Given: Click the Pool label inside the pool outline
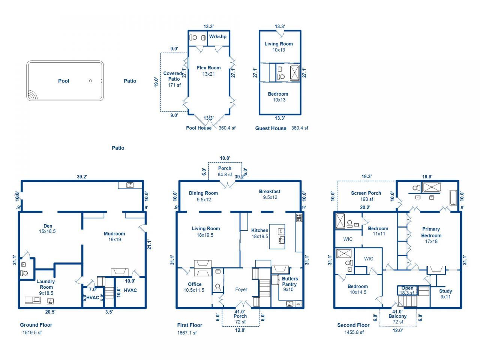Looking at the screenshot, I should coord(63,81).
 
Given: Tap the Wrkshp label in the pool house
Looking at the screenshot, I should coord(217,37).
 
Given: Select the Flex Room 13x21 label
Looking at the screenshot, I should coord(208,71).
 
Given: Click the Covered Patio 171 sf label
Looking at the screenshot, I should coord(173,79).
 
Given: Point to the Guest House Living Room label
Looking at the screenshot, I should coord(278,46).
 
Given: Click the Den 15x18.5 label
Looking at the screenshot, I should coord(48,229).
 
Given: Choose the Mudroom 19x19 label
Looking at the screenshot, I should coord(114,236).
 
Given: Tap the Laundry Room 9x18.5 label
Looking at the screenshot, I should coord(46,287).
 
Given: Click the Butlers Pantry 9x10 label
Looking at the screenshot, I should coord(289,284).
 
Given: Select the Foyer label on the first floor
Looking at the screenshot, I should coord(241,289).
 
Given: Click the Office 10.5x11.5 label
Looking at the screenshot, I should coord(194,287).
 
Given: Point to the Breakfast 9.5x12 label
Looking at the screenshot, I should coord(269,194).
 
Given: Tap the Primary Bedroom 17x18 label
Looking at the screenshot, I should coord(431,235).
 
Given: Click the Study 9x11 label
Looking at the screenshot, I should coord(445,294).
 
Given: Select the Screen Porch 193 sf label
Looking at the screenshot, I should coord(366,196).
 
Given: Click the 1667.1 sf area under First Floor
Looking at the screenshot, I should coord(187,333).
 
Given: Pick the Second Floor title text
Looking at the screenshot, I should coord(353,325).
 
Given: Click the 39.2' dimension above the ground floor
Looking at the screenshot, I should coord(82,177).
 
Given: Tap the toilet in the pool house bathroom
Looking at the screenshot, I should coord(194,37).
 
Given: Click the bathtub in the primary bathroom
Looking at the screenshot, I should coord(453,198).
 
